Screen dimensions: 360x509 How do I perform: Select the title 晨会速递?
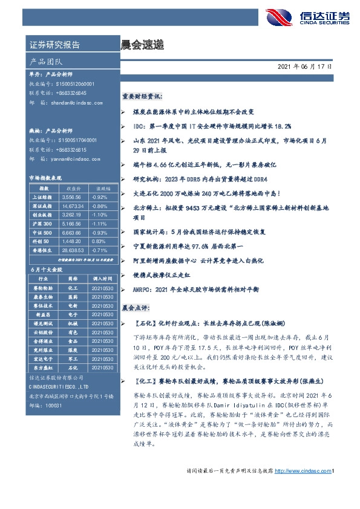pyautogui.click(x=142, y=45)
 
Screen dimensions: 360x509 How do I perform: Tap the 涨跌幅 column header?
pyautogui.click(x=99, y=187)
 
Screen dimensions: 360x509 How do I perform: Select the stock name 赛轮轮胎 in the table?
pyautogui.click(x=43, y=289)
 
